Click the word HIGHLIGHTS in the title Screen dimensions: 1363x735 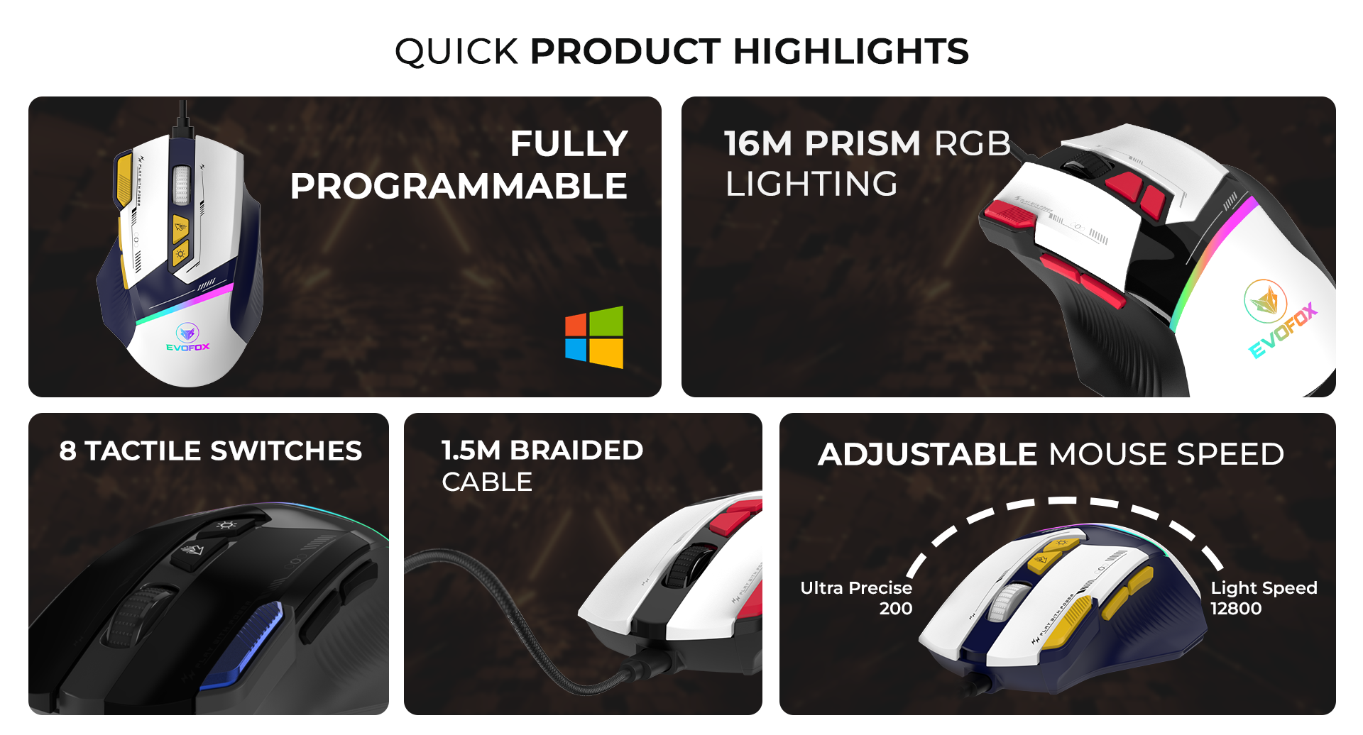click(x=850, y=51)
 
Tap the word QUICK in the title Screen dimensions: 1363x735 click(x=456, y=52)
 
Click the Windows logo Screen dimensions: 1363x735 click(x=594, y=337)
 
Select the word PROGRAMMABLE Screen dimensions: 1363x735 click(x=459, y=186)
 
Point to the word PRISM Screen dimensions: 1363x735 click(x=863, y=143)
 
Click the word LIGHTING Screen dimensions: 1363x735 click(x=811, y=184)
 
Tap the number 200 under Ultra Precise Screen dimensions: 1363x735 click(x=896, y=608)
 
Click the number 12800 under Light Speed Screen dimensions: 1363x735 click(x=1236, y=608)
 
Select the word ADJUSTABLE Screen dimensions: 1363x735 click(x=928, y=454)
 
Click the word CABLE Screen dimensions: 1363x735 click(x=487, y=482)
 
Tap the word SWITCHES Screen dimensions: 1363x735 click(x=286, y=451)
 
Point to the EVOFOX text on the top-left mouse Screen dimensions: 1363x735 click(x=188, y=347)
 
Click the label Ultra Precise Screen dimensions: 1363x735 click(x=856, y=588)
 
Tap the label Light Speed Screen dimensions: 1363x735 click(x=1264, y=588)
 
